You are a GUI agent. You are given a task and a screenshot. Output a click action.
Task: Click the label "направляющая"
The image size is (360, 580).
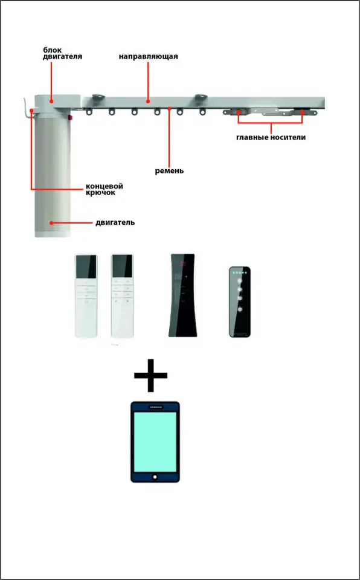click(149, 57)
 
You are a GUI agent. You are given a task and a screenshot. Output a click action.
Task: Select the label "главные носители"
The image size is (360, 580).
click(271, 138)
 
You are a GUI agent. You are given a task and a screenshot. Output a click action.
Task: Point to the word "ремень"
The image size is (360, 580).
click(169, 171)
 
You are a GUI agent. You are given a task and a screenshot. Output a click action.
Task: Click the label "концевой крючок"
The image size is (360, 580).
click(104, 189)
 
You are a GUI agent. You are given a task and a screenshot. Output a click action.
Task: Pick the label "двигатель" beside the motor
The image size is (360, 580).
click(115, 223)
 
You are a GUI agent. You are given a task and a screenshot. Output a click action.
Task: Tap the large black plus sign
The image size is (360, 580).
click(150, 375)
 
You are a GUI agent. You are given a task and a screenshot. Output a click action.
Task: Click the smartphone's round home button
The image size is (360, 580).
click(155, 477)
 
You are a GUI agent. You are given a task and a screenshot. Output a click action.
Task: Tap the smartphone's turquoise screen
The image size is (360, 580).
click(155, 442)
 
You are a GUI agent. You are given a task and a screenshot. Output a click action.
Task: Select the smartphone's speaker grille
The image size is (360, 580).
click(155, 407)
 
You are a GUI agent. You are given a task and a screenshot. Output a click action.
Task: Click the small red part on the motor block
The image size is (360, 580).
click(70, 118)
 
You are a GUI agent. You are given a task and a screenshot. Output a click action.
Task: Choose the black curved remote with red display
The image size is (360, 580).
click(182, 295)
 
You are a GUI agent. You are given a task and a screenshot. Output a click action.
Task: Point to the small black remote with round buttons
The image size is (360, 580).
click(240, 301)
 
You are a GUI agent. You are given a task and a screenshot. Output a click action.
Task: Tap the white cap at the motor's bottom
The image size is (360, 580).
click(53, 234)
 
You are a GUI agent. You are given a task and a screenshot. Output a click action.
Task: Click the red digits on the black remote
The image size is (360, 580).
click(183, 264)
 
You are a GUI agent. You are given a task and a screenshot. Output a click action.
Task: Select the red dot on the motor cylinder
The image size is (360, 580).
click(51, 223)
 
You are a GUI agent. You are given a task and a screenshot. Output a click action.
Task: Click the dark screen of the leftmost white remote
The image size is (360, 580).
click(86, 268)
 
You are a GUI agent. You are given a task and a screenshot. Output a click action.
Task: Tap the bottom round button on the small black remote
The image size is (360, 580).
click(240, 309)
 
